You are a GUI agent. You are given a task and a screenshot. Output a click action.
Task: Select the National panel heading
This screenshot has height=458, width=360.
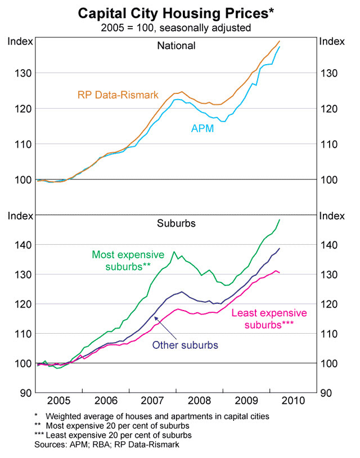coord(176,46)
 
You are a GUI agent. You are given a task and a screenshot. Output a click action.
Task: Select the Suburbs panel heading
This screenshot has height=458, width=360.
coord(176,223)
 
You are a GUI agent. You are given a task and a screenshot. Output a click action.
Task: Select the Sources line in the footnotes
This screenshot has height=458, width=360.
coord(106,444)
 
